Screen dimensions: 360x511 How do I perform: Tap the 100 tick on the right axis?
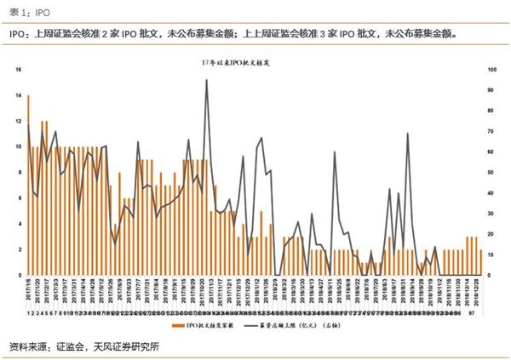pos(491,70)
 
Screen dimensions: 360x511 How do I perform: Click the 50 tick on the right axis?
pos(491,173)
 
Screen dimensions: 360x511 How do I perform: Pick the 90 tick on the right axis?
pos(491,90)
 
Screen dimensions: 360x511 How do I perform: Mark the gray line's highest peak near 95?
pos(207,80)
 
